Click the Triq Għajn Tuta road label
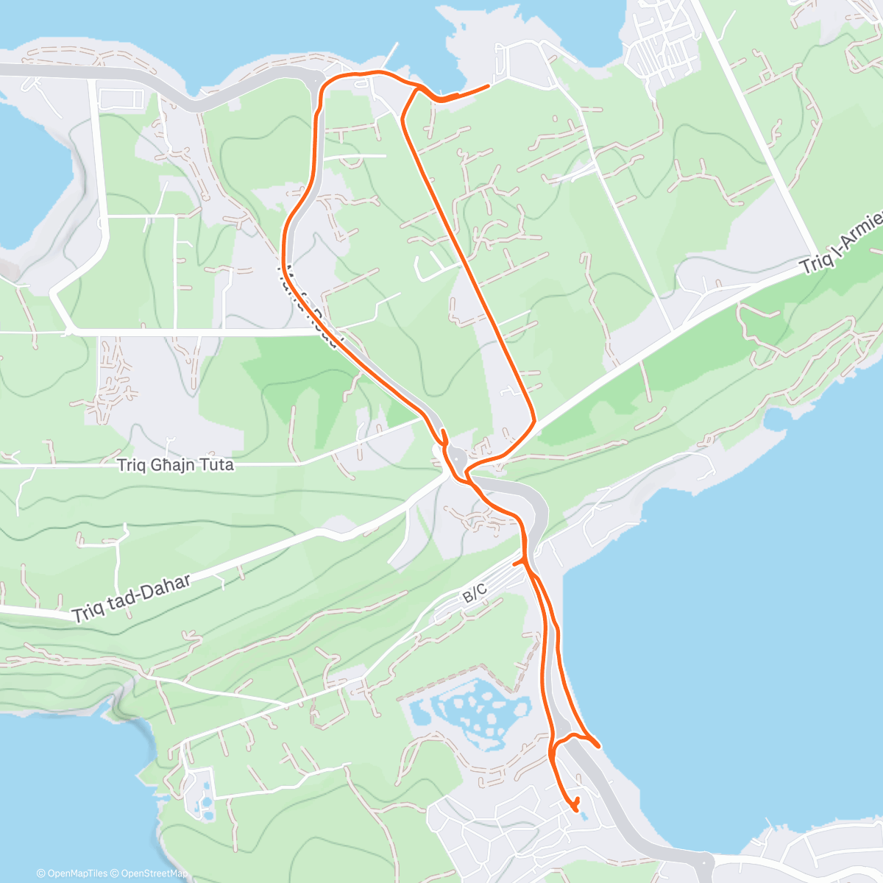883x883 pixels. coord(175,465)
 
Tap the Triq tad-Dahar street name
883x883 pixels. coord(132,597)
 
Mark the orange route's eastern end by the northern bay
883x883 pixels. coord(488,87)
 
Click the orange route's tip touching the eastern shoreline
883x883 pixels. coord(598,745)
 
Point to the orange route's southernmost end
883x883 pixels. coord(574,810)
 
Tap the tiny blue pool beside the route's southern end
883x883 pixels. coord(583,815)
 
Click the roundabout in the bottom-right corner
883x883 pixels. coord(706,861)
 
